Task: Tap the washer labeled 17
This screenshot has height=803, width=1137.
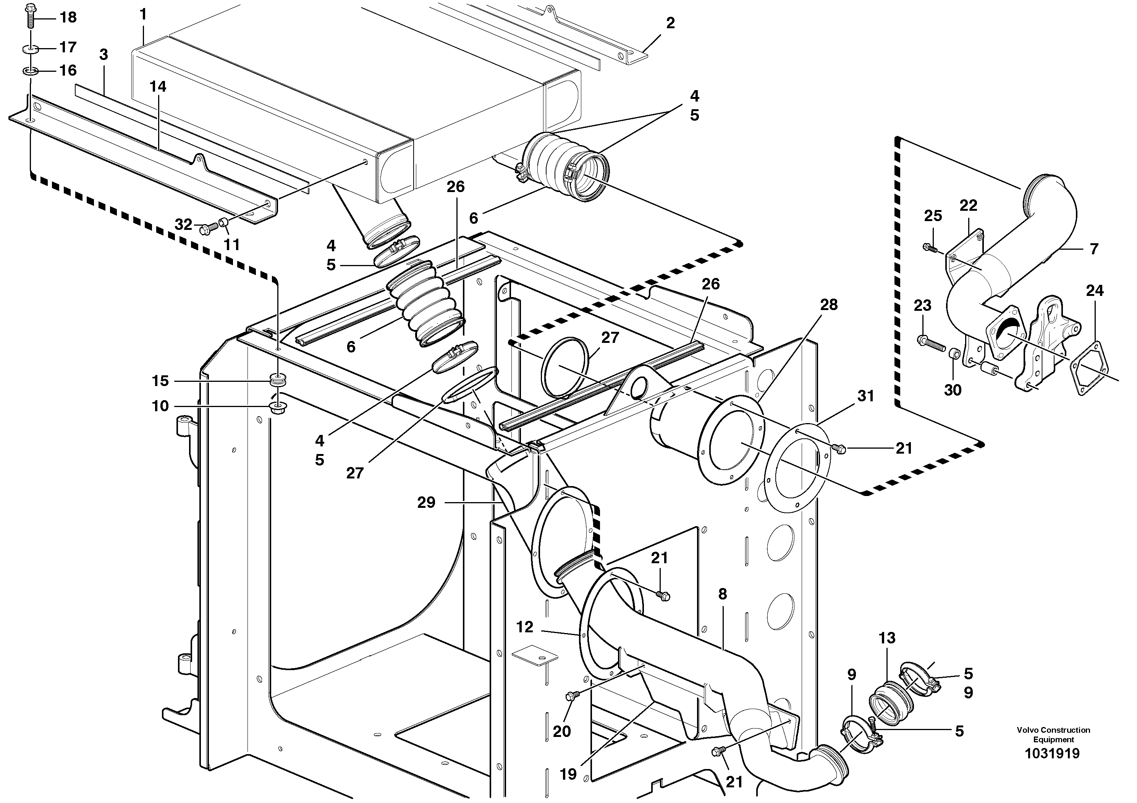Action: coord(31,49)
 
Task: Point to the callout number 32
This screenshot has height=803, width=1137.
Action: coord(183,225)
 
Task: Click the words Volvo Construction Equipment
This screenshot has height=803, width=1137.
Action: coord(1053,735)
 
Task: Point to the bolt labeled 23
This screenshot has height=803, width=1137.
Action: coord(930,341)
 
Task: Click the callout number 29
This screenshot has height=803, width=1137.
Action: coord(426,502)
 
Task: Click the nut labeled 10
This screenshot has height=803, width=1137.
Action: coord(278,408)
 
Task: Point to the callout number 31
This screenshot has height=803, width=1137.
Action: coord(865,396)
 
